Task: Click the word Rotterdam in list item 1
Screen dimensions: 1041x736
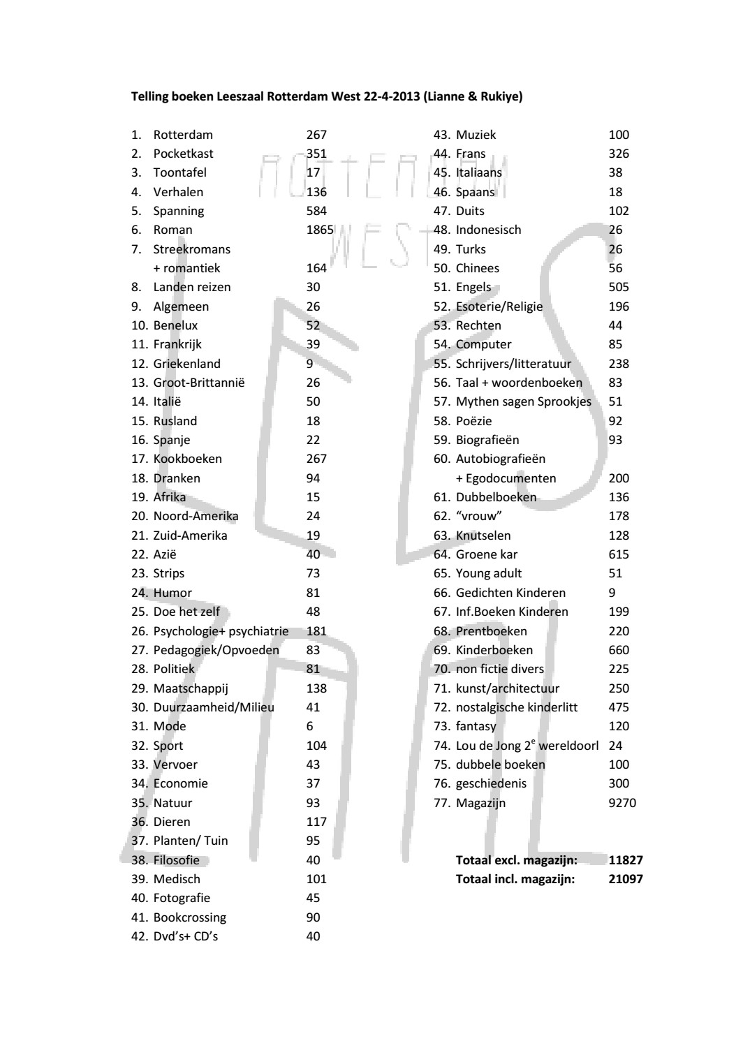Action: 183,135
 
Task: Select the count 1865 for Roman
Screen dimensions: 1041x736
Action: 320,230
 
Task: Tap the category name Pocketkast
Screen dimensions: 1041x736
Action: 183,154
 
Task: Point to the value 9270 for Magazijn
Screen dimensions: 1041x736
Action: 622,803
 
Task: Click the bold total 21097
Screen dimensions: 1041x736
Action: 626,879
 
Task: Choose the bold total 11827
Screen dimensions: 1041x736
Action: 626,860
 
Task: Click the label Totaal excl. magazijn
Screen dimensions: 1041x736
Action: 516,860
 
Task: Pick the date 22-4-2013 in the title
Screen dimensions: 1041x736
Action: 392,96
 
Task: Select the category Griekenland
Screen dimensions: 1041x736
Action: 186,364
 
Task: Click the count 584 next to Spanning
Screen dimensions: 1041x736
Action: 316,211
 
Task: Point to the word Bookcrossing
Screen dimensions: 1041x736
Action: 190,917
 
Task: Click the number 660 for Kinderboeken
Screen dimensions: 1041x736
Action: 619,650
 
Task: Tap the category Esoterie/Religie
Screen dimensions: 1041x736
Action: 499,307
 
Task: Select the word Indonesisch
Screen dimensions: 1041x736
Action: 488,230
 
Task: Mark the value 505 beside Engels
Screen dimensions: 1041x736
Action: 619,287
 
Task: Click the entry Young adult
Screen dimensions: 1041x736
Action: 489,573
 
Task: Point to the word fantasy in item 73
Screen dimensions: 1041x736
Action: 476,726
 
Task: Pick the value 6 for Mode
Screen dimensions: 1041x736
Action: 309,726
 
